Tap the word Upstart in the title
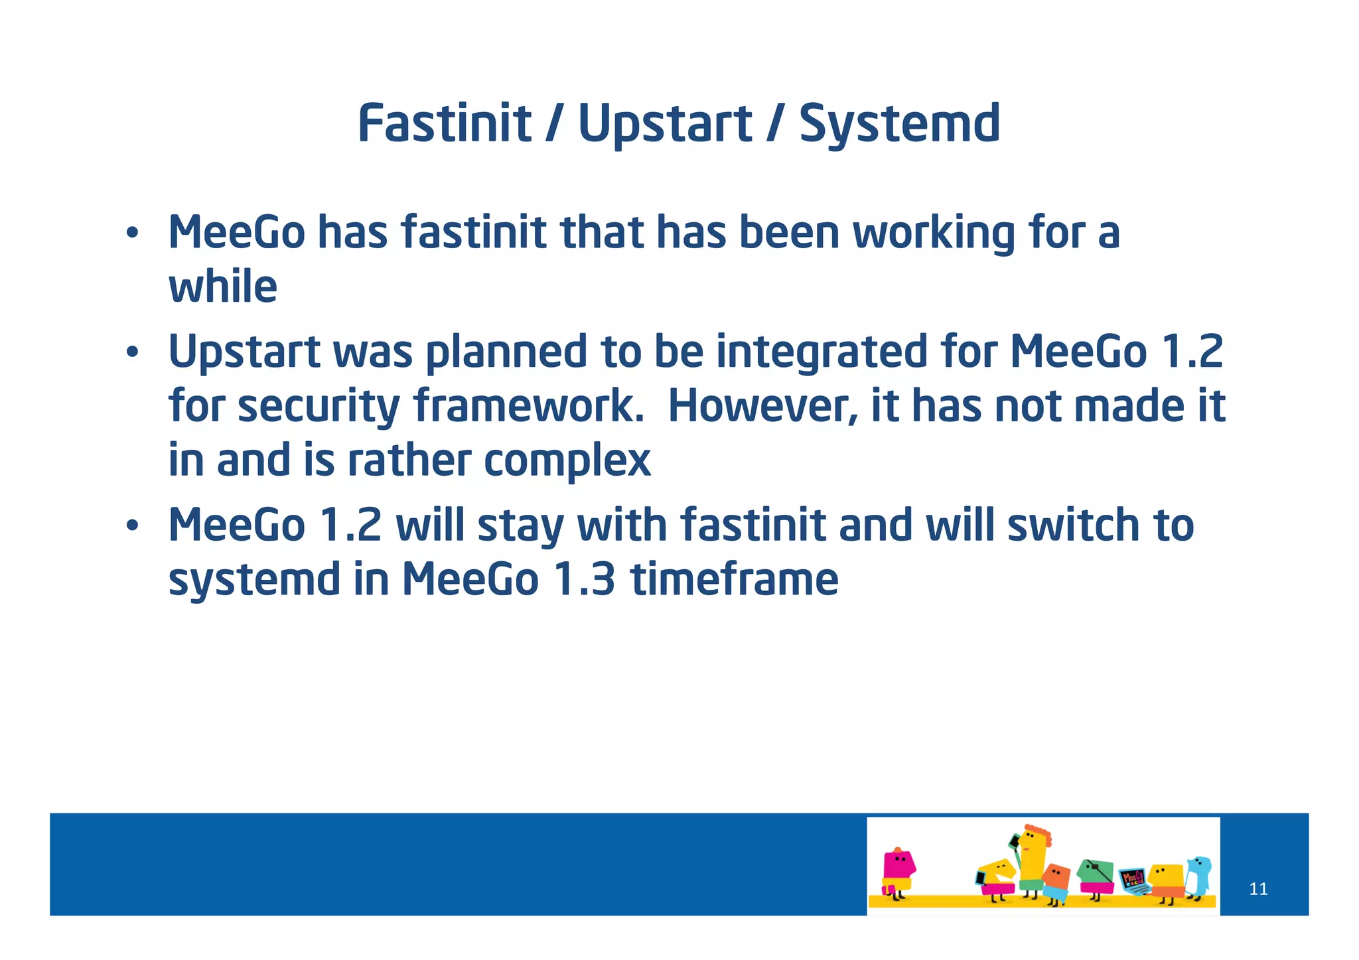664,125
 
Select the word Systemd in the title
899,125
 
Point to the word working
933,234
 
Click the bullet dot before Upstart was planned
133,352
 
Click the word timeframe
734,579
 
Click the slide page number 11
1257,889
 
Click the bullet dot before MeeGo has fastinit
133,233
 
